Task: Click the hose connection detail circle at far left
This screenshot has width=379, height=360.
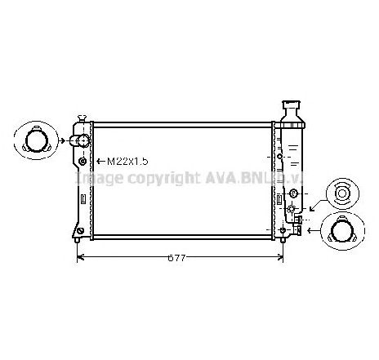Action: (35, 140)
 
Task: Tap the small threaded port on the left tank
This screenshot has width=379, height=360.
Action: (82, 162)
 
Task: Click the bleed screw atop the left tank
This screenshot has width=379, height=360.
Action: (80, 118)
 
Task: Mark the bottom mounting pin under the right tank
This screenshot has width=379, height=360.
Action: (283, 239)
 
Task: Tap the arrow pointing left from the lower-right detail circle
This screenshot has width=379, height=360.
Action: (312, 231)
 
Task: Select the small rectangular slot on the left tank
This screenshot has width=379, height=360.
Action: (81, 198)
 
